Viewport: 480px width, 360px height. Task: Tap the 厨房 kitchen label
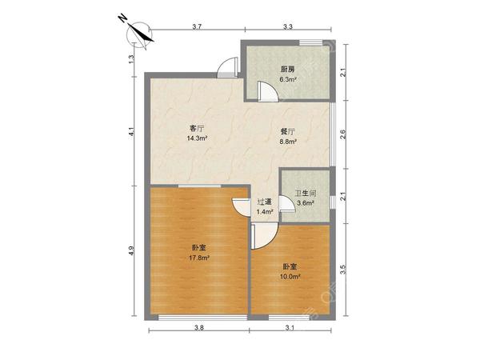(288, 70)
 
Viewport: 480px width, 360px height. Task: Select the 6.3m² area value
(288, 80)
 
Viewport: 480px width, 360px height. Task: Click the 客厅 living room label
(197, 127)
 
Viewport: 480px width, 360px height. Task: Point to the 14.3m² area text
(197, 138)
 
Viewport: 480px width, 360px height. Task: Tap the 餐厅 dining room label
(288, 131)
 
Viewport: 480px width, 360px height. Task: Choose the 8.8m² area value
(288, 142)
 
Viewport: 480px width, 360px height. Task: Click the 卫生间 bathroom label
(305, 193)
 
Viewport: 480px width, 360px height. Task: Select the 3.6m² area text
(305, 203)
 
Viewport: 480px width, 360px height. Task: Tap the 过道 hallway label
(265, 202)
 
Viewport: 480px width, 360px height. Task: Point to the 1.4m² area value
(265, 213)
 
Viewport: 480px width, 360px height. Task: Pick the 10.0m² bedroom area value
(290, 277)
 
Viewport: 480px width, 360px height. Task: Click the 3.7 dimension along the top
(197, 27)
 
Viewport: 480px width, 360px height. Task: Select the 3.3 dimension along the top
(288, 27)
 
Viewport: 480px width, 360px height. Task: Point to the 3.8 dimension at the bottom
(198, 328)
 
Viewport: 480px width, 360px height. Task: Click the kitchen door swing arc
(271, 90)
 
